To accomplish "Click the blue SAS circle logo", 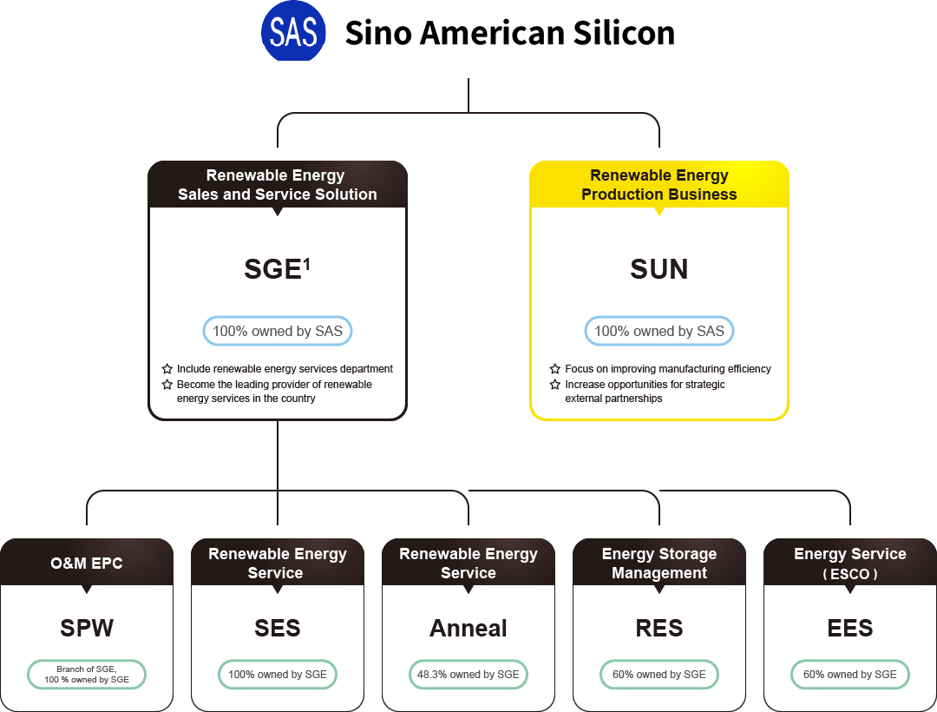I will [294, 32].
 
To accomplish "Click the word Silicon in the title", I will [624, 33].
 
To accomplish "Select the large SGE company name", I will [272, 269].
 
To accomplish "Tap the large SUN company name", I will [659, 269].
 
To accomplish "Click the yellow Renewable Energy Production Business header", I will [659, 185].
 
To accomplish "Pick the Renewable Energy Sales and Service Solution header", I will [278, 185].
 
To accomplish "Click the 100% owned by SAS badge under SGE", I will [278, 331].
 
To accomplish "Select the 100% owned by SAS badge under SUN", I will [659, 331].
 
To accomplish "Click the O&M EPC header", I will [87, 563].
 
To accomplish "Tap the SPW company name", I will [87, 628].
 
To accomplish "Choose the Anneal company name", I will [468, 628].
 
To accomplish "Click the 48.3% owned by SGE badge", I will [468, 675].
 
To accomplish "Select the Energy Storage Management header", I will [659, 563].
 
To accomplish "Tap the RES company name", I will [659, 628].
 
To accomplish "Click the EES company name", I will [850, 628].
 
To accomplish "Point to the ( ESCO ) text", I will [850, 574].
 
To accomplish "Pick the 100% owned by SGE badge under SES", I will [278, 675].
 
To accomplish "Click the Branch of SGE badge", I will [87, 675].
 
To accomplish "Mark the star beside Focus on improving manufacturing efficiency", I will [555, 369].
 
